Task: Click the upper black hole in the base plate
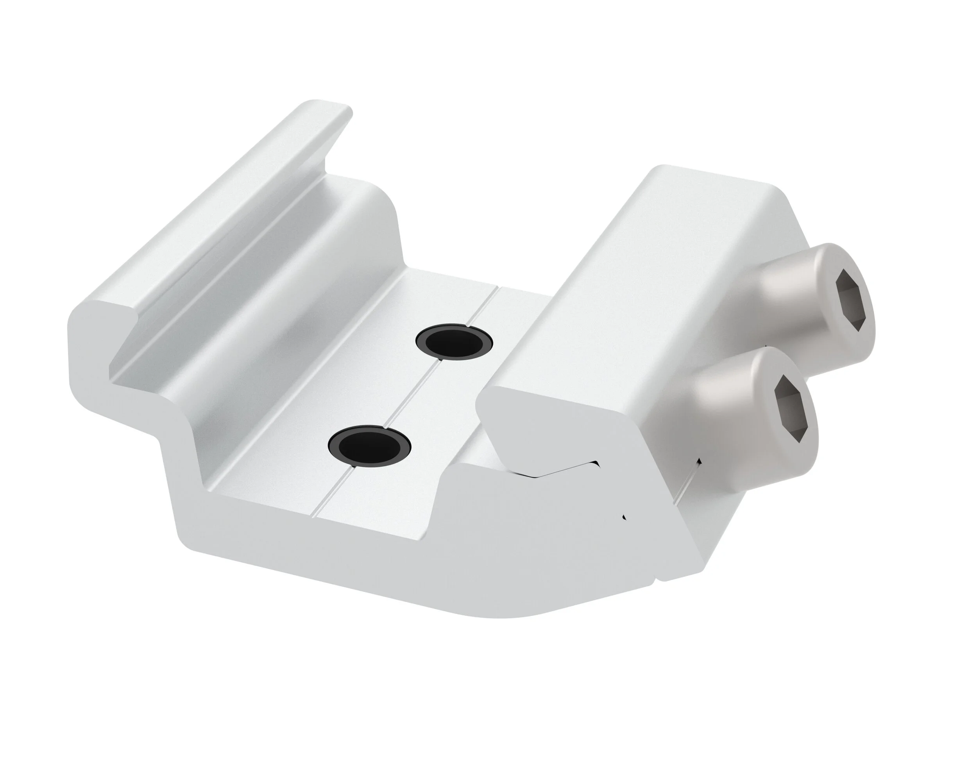455,342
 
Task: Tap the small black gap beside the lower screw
699,462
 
